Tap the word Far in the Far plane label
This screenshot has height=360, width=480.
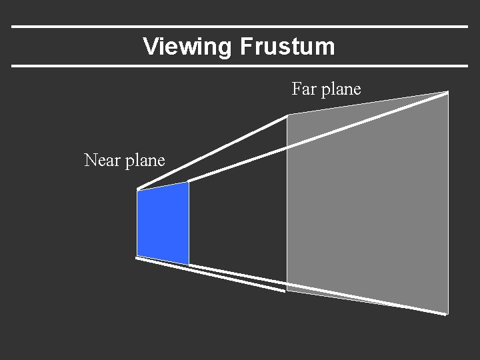(x=304, y=89)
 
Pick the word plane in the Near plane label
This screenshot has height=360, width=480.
(x=144, y=161)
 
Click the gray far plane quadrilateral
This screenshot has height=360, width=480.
(x=367, y=200)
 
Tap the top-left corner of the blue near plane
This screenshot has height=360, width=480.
(x=137, y=191)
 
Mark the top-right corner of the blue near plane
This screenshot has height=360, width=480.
(x=189, y=182)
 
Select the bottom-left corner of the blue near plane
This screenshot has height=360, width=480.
(x=137, y=257)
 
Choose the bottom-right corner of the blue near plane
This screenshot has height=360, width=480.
(x=189, y=264)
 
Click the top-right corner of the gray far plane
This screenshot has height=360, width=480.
(x=447, y=92)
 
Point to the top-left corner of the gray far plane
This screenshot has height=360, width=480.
(x=287, y=115)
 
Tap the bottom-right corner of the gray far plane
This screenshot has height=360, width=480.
(x=447, y=313)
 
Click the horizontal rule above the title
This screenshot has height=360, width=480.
(x=240, y=27)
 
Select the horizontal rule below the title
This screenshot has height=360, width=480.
(x=240, y=66)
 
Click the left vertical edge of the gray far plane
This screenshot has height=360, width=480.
(x=287, y=200)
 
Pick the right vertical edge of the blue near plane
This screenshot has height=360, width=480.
(x=189, y=223)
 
